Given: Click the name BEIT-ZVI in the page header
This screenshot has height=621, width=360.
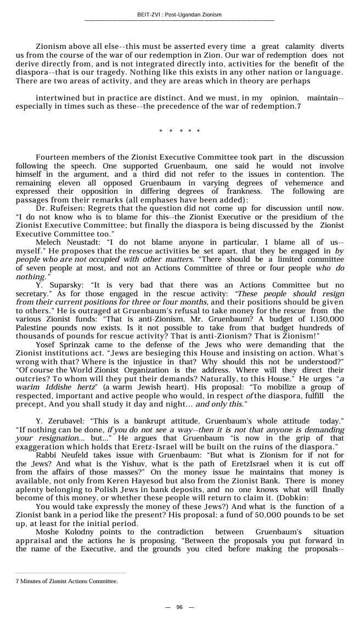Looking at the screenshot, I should point(149,15).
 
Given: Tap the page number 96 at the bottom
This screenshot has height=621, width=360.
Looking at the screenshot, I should point(179,607).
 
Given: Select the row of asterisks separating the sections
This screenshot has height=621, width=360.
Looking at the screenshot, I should point(179,132).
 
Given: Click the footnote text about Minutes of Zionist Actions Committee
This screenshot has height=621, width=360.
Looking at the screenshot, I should point(66,580).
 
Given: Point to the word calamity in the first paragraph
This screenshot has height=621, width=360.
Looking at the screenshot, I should point(296,47).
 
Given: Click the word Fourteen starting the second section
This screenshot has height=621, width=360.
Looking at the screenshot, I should point(54,157).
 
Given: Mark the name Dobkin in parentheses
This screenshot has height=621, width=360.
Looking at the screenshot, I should point(327,498).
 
